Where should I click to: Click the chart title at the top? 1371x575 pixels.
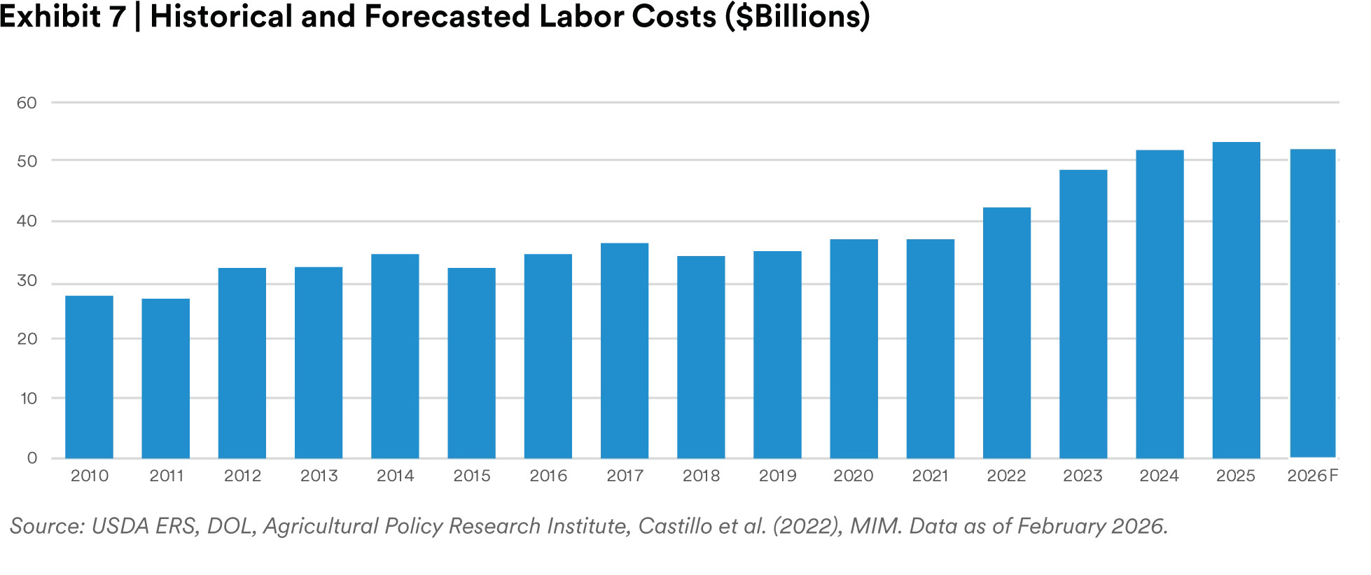pyautogui.click(x=434, y=17)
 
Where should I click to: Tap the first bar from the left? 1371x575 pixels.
pyautogui.click(x=89, y=375)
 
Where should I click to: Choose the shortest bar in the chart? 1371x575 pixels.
pyautogui.click(x=165, y=378)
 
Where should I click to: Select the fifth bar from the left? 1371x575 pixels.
pyautogui.click(x=395, y=355)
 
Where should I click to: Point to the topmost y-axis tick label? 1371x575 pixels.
pyautogui.click(x=29, y=104)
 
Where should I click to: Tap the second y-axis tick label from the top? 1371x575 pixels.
pyautogui.click(x=29, y=161)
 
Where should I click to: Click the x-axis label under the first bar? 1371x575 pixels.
pyautogui.click(x=90, y=477)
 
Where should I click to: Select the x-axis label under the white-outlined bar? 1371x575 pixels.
pyautogui.click(x=1314, y=477)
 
